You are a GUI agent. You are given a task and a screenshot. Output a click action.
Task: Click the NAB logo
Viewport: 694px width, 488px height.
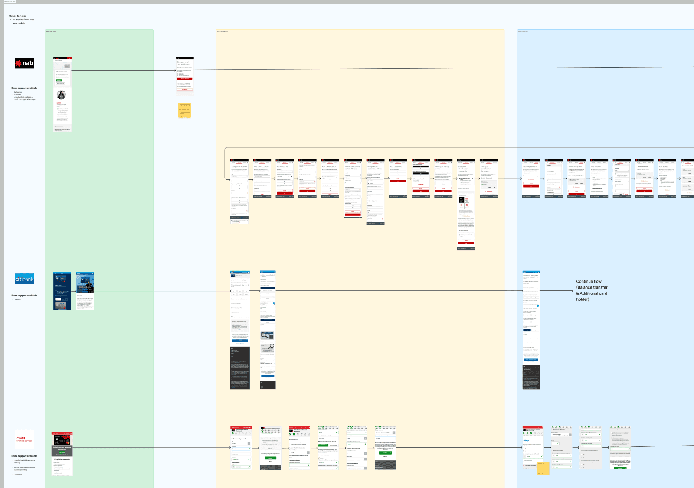(x=24, y=63)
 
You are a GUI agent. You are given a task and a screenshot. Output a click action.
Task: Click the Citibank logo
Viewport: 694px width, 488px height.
(x=24, y=279)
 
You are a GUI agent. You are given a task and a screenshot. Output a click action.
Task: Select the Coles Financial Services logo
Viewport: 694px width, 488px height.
(x=24, y=439)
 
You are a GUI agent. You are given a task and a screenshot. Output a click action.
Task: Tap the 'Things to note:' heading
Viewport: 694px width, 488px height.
(x=17, y=16)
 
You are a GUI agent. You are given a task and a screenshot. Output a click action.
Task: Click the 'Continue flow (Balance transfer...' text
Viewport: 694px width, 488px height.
(x=592, y=290)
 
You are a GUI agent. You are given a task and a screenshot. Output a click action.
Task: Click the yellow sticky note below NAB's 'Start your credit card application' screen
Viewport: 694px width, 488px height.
(x=184, y=110)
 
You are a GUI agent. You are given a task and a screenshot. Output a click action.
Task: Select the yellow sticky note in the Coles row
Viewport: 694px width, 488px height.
(x=543, y=468)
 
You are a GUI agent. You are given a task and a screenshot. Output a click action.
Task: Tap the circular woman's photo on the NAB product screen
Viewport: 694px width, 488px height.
(x=61, y=95)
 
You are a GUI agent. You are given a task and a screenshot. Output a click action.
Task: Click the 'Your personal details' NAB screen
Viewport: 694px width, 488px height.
(x=239, y=191)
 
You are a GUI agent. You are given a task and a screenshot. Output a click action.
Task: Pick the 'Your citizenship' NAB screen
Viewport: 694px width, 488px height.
(x=398, y=178)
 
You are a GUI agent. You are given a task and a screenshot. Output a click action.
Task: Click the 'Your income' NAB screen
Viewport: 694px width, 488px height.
(x=599, y=178)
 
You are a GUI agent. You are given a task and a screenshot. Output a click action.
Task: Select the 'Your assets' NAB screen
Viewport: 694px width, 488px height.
(x=667, y=178)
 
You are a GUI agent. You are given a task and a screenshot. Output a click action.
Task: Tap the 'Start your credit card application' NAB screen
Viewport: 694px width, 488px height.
(x=184, y=76)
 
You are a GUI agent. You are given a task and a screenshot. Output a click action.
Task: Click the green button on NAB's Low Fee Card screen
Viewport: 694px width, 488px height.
(x=59, y=80)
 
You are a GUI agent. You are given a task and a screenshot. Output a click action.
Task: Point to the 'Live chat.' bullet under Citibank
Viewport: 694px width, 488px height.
(x=17, y=300)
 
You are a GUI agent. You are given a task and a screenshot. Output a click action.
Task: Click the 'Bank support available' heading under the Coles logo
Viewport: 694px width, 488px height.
(x=24, y=456)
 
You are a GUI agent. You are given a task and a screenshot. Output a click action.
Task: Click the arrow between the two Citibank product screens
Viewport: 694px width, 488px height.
(x=74, y=291)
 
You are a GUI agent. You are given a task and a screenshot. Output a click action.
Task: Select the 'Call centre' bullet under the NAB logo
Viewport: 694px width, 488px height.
(x=18, y=92)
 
